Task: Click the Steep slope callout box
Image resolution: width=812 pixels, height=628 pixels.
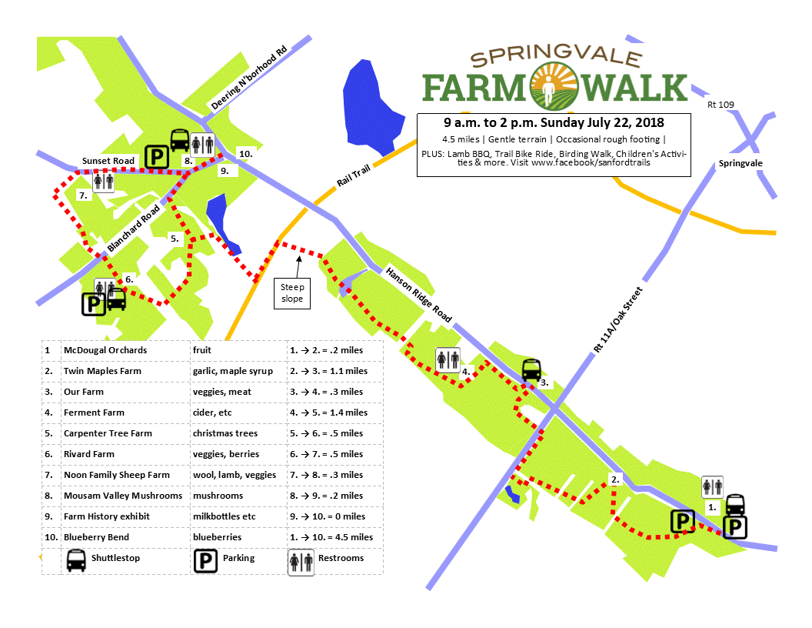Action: tap(292, 293)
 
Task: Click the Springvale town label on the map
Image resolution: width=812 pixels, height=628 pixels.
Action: tap(738, 164)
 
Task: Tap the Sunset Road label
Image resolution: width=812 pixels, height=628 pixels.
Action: tap(108, 161)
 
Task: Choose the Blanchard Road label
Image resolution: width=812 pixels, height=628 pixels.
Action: tap(135, 229)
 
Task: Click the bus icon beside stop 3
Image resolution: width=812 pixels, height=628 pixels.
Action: tap(532, 371)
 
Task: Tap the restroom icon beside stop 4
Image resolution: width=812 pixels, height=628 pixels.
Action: tap(448, 359)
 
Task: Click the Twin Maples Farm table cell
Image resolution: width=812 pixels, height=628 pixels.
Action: tap(102, 371)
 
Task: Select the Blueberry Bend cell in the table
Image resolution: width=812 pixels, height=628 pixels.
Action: tap(96, 537)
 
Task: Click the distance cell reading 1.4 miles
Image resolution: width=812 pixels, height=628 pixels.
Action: tap(328, 413)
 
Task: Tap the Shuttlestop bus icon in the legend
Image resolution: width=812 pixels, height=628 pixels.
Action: tap(76, 560)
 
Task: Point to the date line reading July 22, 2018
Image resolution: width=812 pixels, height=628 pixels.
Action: tap(554, 122)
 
